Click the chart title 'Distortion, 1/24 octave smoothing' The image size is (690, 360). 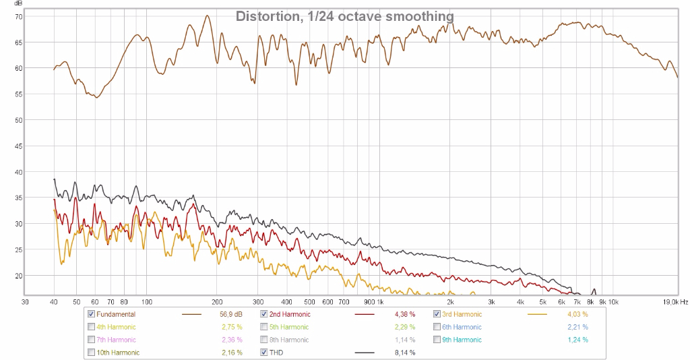(x=344, y=16)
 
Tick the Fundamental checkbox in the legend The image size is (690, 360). (x=91, y=314)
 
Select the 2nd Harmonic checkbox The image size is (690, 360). (x=264, y=314)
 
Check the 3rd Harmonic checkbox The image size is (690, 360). (x=437, y=314)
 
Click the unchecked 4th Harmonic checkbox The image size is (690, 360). (x=91, y=327)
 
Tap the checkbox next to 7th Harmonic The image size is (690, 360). (x=91, y=340)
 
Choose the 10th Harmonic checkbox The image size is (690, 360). (x=91, y=353)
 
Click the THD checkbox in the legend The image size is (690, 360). (x=264, y=353)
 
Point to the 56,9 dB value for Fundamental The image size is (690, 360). (x=230, y=314)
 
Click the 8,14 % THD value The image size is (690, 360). (x=404, y=353)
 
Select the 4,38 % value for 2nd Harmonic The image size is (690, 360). (x=404, y=314)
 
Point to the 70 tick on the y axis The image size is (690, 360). (x=18, y=16)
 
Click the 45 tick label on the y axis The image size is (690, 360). (x=18, y=146)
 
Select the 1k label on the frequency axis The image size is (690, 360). (x=380, y=301)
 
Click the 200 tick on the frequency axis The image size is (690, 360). (x=218, y=301)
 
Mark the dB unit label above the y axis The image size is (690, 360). (x=18, y=4)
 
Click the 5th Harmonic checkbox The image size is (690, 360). (x=264, y=327)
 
